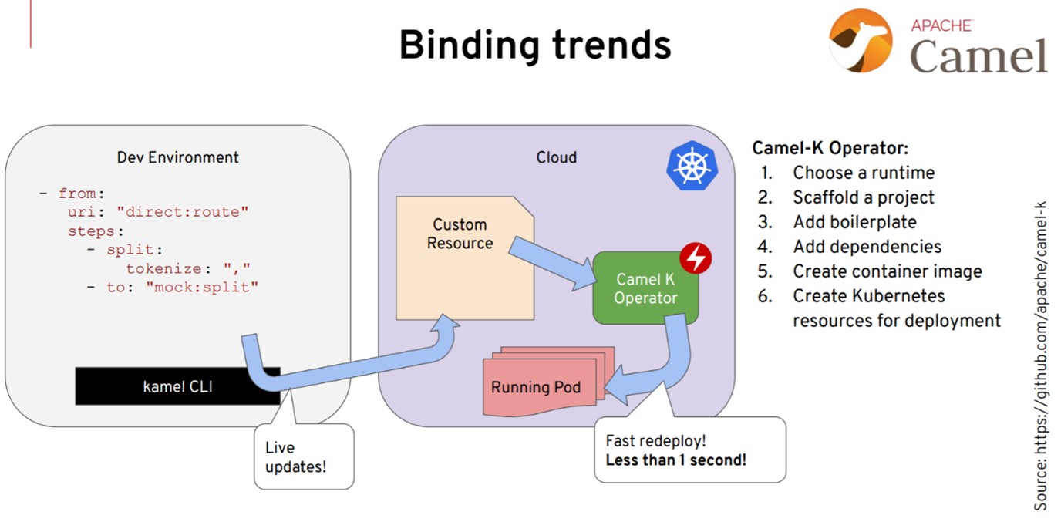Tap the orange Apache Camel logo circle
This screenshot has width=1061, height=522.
[x=861, y=41]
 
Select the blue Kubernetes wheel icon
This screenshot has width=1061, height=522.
[x=692, y=166]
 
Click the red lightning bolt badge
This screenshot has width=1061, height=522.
[x=696, y=258]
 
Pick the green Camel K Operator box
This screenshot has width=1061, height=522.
[x=645, y=288]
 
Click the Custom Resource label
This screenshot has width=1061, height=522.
[x=460, y=234]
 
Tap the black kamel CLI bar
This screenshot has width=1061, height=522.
[x=177, y=386]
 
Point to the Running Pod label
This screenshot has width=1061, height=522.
[x=536, y=387]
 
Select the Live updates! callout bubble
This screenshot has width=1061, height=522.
[x=304, y=456]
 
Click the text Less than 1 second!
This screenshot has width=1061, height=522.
[x=676, y=460]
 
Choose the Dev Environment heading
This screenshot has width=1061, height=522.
[x=177, y=157]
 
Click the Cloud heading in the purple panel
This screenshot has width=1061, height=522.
[x=557, y=157]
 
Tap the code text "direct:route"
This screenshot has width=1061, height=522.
[x=182, y=212]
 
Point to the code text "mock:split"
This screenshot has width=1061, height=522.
[x=202, y=287]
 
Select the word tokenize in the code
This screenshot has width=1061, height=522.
[x=163, y=268]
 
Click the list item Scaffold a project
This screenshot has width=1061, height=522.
[x=864, y=197]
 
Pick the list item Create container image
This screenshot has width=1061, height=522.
[x=888, y=271]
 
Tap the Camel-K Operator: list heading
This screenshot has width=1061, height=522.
[x=830, y=148]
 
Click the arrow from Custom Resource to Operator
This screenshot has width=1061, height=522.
[x=553, y=264]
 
